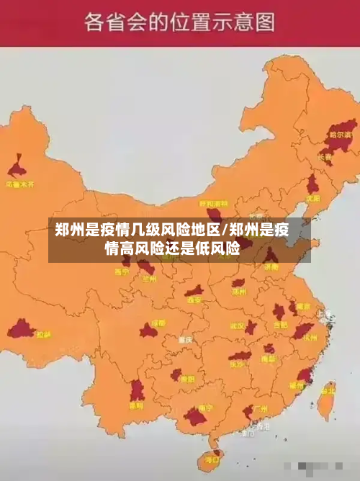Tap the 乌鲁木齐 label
20,184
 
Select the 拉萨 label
44,334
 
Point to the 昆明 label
136,405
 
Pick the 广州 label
261,408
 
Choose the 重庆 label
186,339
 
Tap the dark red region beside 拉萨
21,330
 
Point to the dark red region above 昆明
136,390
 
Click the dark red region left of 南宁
194,416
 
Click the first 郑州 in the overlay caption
71,231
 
